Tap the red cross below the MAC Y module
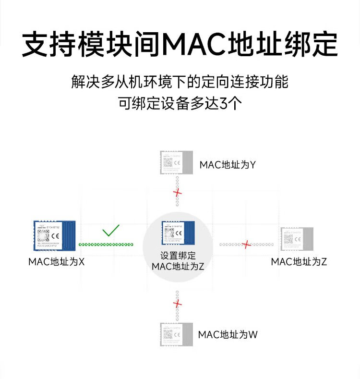click(178, 193)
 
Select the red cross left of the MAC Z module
click(247, 245)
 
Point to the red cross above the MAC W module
click(178, 304)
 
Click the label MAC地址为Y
click(228, 165)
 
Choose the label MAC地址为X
click(56, 262)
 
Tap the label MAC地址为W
click(228, 334)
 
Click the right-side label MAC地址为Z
click(299, 262)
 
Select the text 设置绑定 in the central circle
click(178, 256)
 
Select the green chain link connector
click(106, 245)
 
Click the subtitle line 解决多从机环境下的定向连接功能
click(180, 81)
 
